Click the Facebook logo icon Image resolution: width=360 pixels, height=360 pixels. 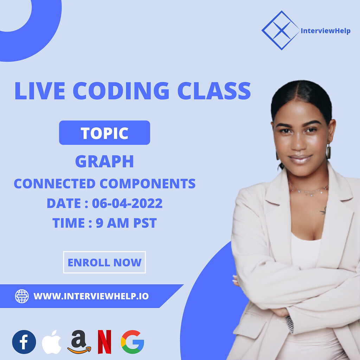coord(24,342)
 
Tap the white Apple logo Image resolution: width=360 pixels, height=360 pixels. coord(51,342)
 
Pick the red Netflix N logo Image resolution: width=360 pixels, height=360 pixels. coord(104,342)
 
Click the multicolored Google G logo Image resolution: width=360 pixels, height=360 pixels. coord(133,342)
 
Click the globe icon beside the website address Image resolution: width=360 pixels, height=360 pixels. coord(22,296)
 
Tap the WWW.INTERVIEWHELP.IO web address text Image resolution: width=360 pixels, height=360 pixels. coord(91,296)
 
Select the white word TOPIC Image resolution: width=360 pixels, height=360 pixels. coord(104,133)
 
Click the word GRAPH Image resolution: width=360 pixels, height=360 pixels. coord(104,161)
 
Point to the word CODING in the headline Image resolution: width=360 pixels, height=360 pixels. coord(121,91)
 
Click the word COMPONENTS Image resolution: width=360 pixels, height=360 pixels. coord(147,184)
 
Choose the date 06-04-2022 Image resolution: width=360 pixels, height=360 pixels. coord(127,203)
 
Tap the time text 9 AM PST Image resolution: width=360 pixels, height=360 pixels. coord(126,223)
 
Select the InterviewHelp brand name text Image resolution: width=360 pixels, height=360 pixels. coord(326,31)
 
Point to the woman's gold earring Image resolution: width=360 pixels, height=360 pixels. coord(328,152)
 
